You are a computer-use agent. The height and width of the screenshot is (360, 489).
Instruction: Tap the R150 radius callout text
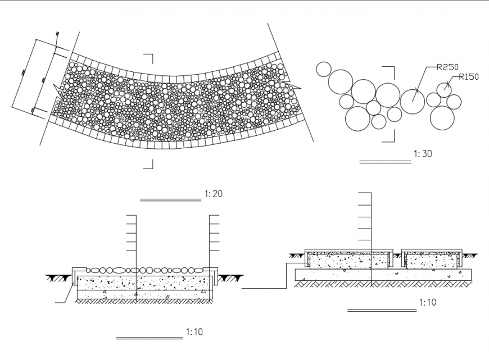pyautogui.click(x=469, y=77)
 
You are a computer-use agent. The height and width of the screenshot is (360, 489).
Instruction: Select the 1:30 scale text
pyautogui.click(x=423, y=153)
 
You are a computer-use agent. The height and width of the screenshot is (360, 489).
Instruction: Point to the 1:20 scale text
pyautogui.click(x=214, y=194)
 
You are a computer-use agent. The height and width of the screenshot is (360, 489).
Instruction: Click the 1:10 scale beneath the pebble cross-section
pyautogui.click(x=194, y=332)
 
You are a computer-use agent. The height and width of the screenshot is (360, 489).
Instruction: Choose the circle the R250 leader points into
pyautogui.click(x=413, y=101)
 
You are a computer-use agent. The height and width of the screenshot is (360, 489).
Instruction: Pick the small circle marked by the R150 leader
pyautogui.click(x=444, y=89)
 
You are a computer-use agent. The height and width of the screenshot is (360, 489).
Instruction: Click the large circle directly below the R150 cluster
pyautogui.click(x=442, y=117)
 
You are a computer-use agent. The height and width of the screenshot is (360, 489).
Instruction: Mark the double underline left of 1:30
pyautogui.click(x=385, y=162)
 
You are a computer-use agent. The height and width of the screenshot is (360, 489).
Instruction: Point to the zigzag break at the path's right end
pyautogui.click(x=293, y=85)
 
